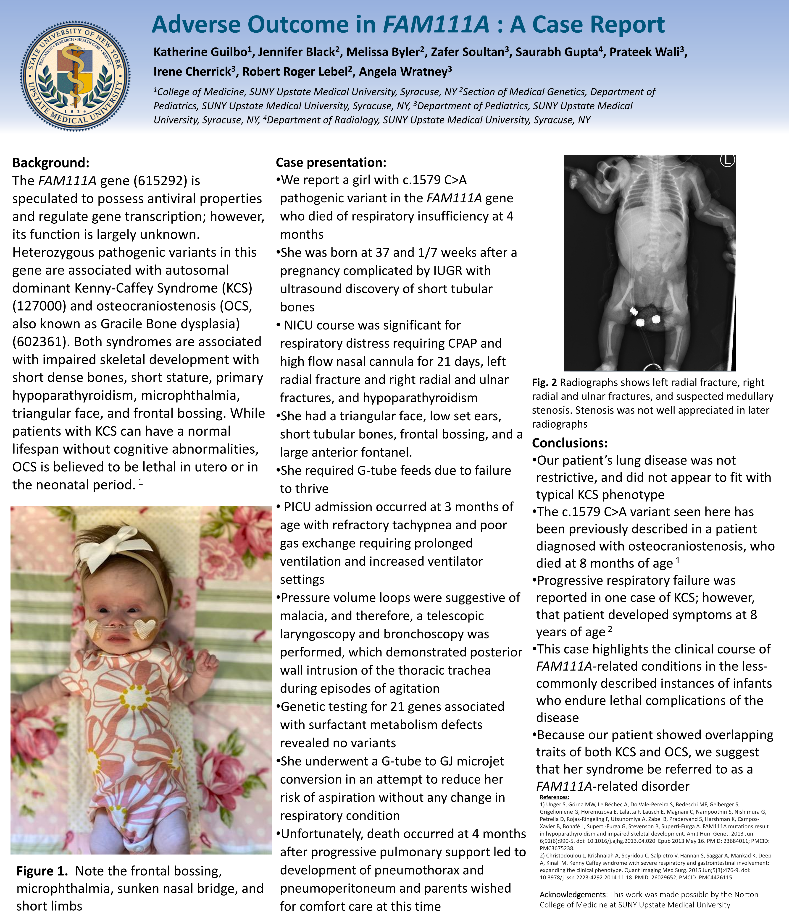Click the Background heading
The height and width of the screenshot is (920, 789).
51,163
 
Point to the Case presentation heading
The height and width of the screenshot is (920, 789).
331,162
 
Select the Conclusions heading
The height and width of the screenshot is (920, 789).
570,443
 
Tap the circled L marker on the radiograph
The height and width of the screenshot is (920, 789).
727,161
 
